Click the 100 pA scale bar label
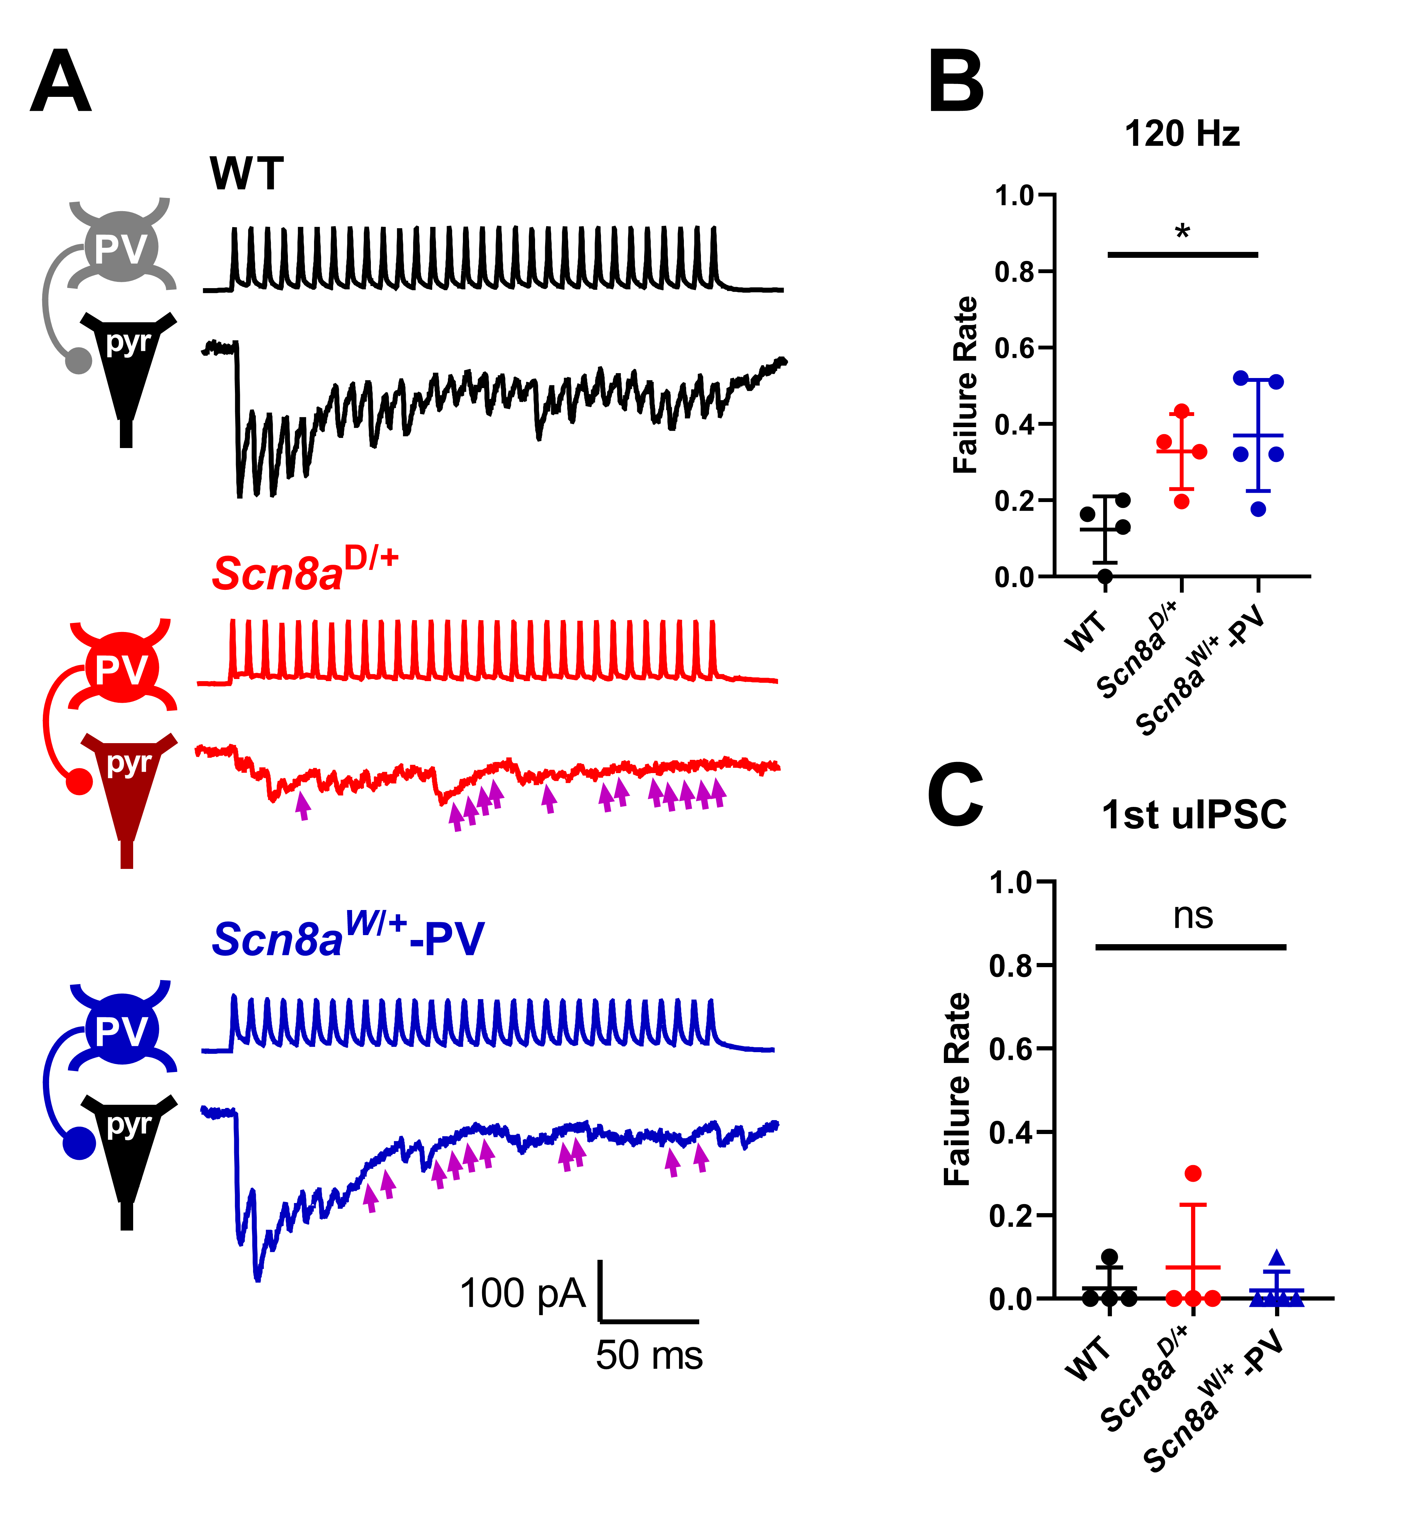(x=522, y=1294)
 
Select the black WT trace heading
(x=247, y=174)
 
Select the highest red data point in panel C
(x=1193, y=1173)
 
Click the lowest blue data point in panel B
(x=1258, y=509)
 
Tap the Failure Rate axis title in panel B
(x=966, y=385)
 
